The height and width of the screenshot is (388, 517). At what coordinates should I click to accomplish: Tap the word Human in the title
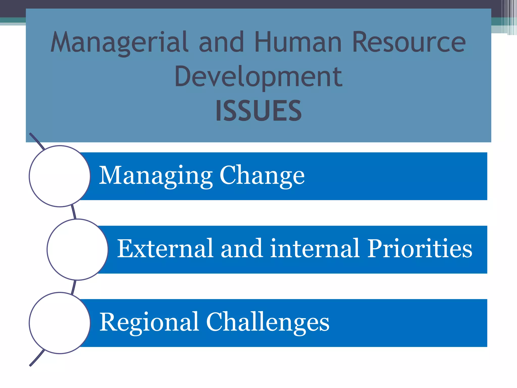tap(298, 42)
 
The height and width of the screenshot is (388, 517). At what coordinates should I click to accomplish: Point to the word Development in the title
tap(258, 76)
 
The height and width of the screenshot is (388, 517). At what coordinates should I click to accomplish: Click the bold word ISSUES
tap(258, 111)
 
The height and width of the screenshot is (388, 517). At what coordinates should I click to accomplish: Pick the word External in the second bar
tap(165, 249)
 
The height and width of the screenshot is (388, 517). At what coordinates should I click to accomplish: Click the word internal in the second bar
tap(315, 249)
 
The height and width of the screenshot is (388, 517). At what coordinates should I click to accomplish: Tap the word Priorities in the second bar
tap(419, 249)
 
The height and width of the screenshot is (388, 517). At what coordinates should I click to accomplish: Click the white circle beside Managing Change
tap(60, 176)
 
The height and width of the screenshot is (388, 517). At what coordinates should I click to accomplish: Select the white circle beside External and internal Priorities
tap(77, 250)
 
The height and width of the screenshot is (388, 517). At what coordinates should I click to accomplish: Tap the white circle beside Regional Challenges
tap(60, 323)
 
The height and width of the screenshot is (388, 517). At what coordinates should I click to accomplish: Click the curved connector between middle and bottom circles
tap(73, 287)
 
